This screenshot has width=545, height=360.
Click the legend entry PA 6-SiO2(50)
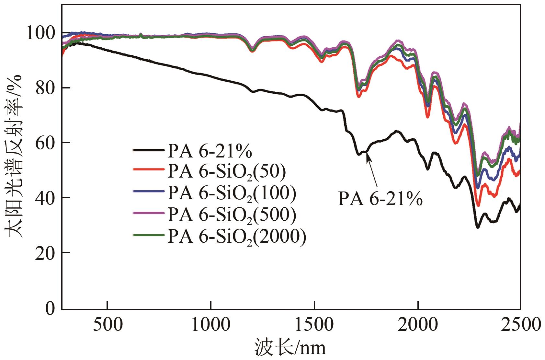227,171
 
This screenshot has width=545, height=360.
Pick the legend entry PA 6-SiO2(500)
232,214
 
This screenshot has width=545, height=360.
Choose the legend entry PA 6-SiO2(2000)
237,236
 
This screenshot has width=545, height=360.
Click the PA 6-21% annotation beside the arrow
380,199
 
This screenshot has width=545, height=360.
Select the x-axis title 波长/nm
290,347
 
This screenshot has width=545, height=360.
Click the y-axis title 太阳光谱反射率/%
14,156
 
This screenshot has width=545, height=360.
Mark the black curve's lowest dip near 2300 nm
477,227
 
